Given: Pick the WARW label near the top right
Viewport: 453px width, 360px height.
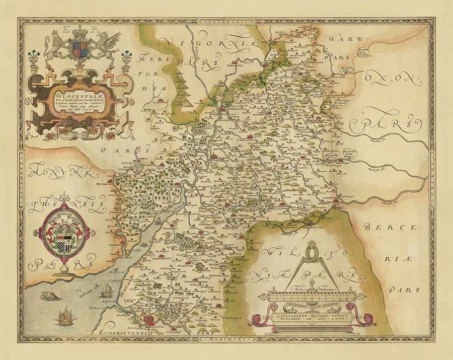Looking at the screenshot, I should [x=341, y=39].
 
